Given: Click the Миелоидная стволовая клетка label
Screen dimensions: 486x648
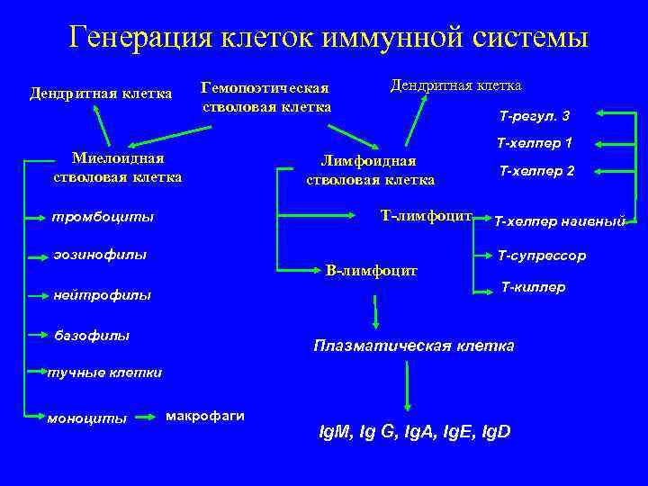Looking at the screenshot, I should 117,167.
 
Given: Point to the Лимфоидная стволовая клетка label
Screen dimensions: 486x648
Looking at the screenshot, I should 370,170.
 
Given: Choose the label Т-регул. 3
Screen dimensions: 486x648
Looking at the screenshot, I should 534,115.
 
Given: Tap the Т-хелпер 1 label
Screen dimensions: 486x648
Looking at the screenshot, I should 535,143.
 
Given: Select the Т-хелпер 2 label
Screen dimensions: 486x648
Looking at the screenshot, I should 537,170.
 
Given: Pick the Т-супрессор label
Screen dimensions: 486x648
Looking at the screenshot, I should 542,256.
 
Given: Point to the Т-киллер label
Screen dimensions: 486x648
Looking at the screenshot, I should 533,287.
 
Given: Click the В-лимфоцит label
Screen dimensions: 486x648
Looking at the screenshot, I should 372,269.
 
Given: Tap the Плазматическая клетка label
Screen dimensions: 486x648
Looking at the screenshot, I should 413,346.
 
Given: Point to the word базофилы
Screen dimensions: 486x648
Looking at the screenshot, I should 93,336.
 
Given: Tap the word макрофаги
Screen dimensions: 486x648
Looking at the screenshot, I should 205,415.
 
